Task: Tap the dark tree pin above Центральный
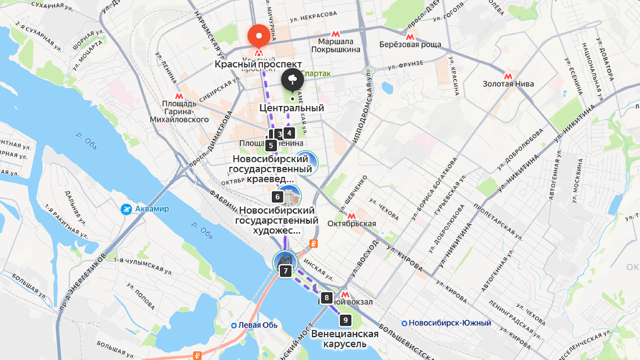coord(292,80)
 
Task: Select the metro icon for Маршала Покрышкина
coord(335,33)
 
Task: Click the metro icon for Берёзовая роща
coord(410,36)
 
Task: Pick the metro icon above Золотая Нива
coord(508,76)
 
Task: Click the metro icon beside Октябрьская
coord(351,215)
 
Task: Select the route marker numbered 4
coord(289,133)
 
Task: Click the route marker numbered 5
coord(270,145)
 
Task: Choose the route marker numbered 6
coord(277,197)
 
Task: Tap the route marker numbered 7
coord(285,271)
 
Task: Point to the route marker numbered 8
coord(327,298)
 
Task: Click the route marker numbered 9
coord(346,320)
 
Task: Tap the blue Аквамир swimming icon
coord(126,209)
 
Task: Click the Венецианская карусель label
coord(345,339)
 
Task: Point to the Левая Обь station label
coord(254,325)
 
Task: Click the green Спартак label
coord(315,74)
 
